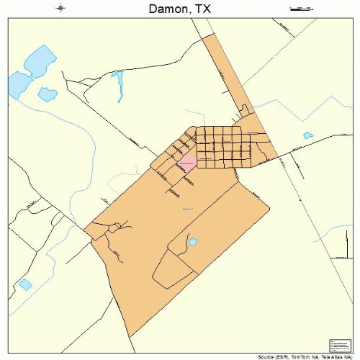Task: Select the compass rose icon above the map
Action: [61, 9]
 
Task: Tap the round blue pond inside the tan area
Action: [192, 242]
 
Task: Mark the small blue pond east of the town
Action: [308, 135]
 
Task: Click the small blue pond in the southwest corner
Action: [25, 284]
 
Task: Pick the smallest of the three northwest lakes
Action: [48, 94]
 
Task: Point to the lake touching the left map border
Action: [16, 86]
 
